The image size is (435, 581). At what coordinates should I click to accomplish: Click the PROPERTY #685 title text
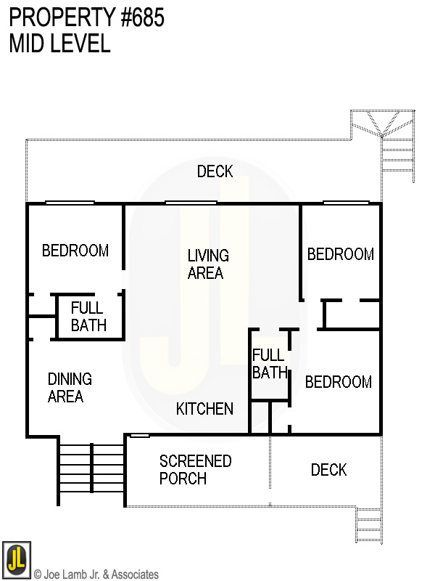[86, 18]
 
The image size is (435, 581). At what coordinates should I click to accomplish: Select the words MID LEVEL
[59, 44]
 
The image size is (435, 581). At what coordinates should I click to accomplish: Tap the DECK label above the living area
[215, 171]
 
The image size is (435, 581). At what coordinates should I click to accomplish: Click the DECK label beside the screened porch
[328, 470]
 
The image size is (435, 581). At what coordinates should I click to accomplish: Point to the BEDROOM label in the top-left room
[75, 251]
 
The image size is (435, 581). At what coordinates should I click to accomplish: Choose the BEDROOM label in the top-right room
[340, 254]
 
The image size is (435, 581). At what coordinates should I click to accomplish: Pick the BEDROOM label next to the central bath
[338, 382]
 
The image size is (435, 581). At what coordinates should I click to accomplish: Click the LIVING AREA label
[207, 264]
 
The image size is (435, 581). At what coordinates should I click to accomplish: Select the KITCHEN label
[204, 409]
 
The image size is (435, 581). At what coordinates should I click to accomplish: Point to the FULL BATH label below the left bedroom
[88, 317]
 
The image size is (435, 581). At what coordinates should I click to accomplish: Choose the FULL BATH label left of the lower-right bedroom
[269, 364]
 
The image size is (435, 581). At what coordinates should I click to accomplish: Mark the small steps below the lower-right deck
[368, 524]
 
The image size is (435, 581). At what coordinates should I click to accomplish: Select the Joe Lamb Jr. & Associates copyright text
[96, 574]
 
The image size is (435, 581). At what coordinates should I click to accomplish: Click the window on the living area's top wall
[191, 203]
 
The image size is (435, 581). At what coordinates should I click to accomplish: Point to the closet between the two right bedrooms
[351, 314]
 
